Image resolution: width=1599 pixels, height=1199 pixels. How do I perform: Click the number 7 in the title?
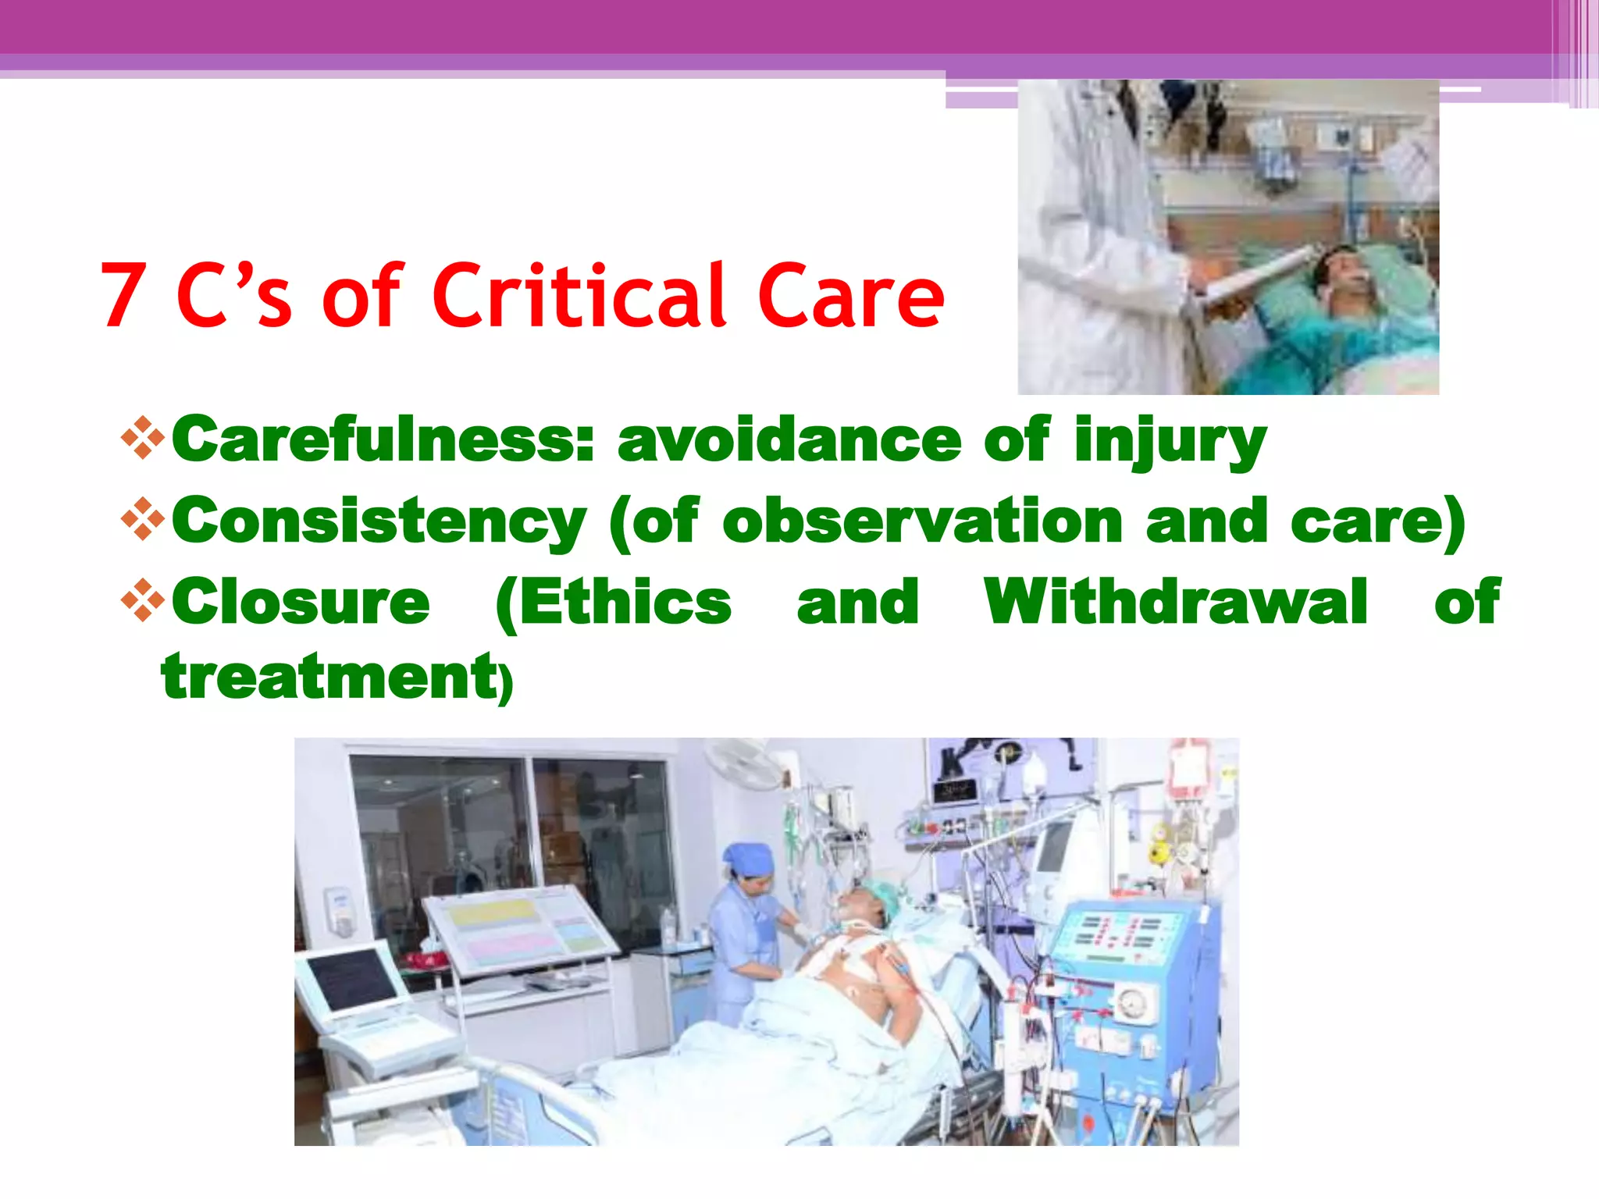124,297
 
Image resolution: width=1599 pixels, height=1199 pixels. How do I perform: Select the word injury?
1170,442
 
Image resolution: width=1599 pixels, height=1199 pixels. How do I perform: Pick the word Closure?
301,602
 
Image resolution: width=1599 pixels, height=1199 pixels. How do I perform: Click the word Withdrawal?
1176,602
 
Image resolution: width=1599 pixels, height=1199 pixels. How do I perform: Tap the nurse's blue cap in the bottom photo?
748,859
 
